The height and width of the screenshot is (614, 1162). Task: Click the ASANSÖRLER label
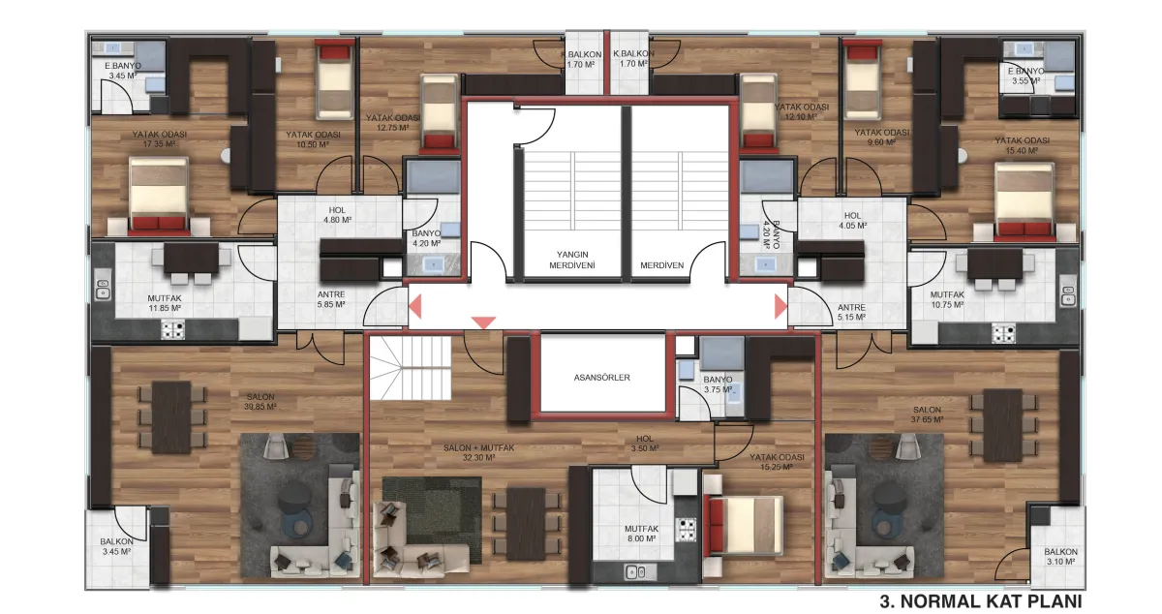point(601,378)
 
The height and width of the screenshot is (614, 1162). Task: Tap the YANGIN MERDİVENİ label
point(572,260)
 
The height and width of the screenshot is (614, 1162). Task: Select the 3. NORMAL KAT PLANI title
point(981,601)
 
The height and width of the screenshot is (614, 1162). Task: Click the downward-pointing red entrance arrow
point(483,322)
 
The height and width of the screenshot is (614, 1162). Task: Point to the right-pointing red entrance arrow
point(780,306)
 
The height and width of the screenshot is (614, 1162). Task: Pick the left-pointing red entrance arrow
point(415,306)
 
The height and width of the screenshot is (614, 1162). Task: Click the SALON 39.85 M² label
point(260,402)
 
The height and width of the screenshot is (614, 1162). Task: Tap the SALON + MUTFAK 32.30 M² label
point(478,452)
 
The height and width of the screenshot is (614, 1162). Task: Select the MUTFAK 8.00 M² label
point(642,534)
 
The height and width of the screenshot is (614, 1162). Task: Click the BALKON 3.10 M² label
point(1061,557)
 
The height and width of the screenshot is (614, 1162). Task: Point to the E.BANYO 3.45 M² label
point(123,71)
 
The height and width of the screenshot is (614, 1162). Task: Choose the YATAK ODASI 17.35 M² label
point(159,139)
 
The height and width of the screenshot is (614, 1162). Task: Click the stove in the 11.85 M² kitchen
point(172,329)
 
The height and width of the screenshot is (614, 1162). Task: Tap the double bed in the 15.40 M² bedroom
point(1024,202)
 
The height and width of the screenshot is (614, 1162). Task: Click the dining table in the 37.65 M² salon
point(1002,425)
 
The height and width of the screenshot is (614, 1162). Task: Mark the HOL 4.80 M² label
point(337,215)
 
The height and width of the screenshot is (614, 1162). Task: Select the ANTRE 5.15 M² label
point(851,312)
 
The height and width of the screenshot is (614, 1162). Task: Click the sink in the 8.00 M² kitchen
point(635,572)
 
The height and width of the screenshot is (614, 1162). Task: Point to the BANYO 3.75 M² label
point(718,384)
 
